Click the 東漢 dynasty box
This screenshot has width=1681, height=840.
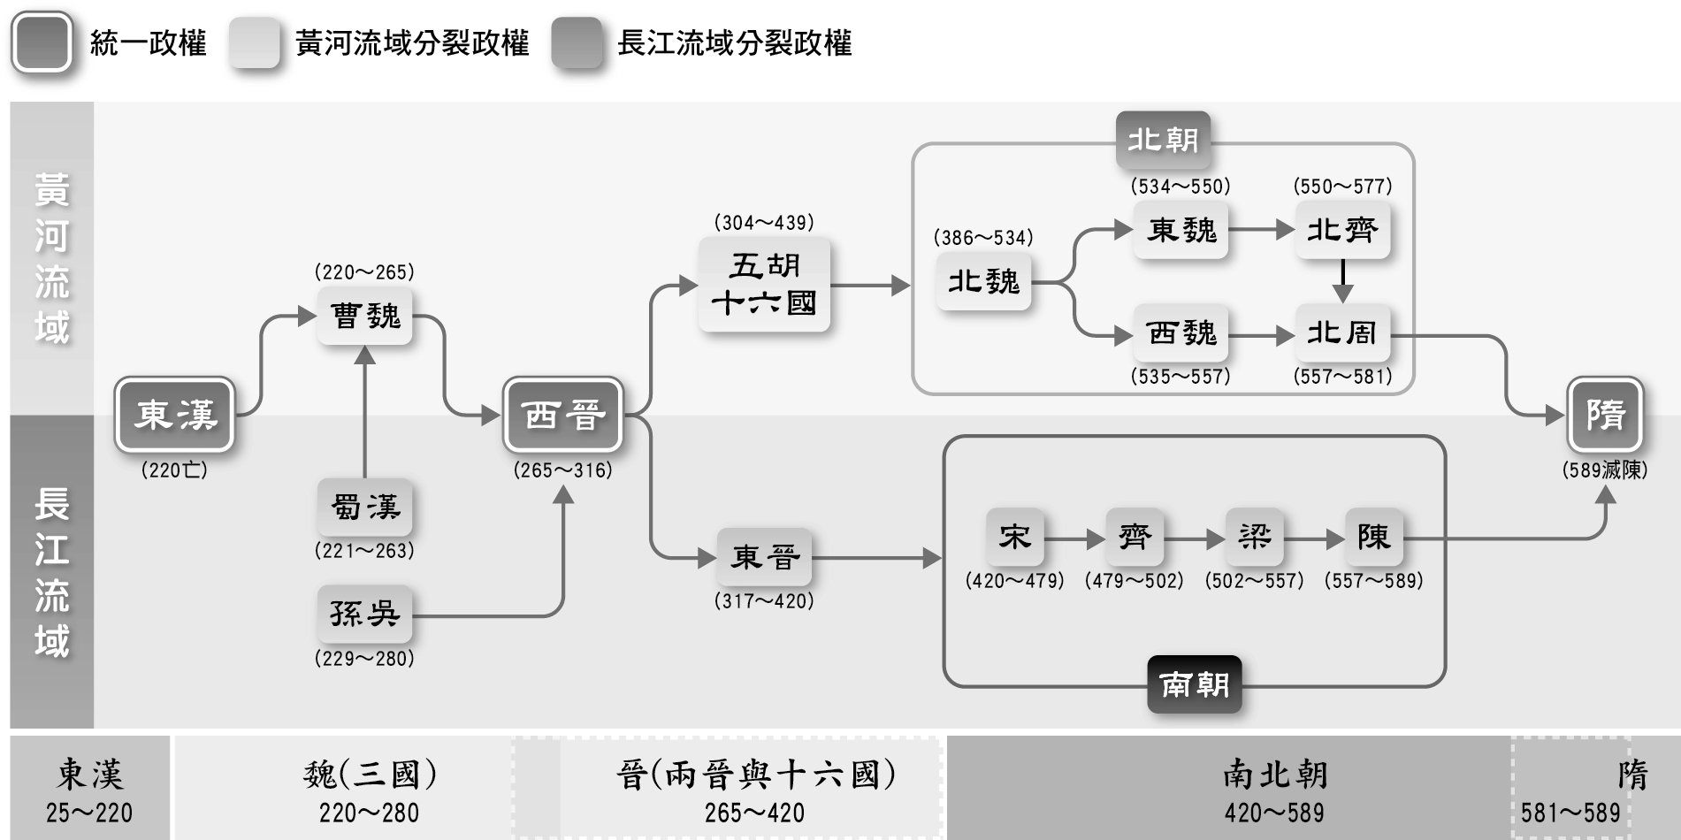pyautogui.click(x=175, y=415)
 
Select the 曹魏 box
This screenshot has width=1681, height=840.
pyautogui.click(x=364, y=316)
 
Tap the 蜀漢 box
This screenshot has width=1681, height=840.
pyautogui.click(x=364, y=508)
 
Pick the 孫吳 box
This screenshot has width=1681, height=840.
pyautogui.click(x=364, y=614)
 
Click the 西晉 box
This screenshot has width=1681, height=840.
pyautogui.click(x=563, y=415)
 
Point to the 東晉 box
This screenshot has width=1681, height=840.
pyautogui.click(x=764, y=557)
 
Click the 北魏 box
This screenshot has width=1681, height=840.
pyautogui.click(x=983, y=282)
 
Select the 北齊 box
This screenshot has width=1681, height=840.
pyautogui.click(x=1342, y=231)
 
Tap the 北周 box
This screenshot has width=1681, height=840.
pyautogui.click(x=1342, y=333)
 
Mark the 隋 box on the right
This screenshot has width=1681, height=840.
pyautogui.click(x=1605, y=415)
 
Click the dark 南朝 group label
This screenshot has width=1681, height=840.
pyautogui.click(x=1194, y=684)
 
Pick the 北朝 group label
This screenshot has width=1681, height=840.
pyautogui.click(x=1163, y=140)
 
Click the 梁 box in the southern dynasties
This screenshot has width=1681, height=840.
pyautogui.click(x=1254, y=537)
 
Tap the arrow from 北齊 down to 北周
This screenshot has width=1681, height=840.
pyautogui.click(x=1342, y=281)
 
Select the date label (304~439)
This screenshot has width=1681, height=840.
pyautogui.click(x=764, y=223)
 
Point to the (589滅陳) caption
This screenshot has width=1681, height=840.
pyautogui.click(x=1605, y=470)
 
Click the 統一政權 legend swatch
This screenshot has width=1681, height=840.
pyautogui.click(x=42, y=42)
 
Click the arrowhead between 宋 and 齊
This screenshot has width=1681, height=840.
pyautogui.click(x=1095, y=538)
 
